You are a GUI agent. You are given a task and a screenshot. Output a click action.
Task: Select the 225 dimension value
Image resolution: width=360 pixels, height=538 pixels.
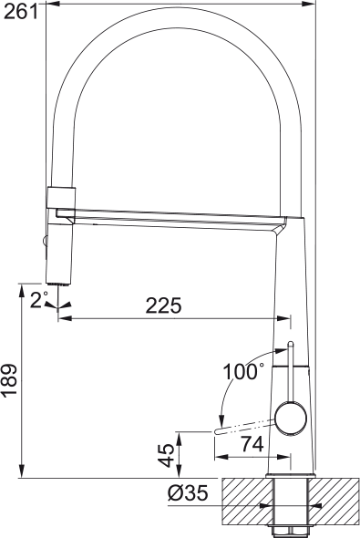(164, 305)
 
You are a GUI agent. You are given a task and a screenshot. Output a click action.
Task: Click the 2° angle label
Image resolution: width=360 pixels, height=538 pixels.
(39, 299)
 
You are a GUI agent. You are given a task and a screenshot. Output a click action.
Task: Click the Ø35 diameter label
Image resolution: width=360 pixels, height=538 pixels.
(188, 493)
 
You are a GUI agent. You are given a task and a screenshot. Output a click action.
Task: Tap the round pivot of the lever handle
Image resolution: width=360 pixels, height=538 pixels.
(292, 418)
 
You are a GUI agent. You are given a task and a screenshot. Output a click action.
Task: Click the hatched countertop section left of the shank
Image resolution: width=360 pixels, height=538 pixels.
(244, 502)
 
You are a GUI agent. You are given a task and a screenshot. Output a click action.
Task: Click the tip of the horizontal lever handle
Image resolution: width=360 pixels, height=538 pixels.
(217, 429)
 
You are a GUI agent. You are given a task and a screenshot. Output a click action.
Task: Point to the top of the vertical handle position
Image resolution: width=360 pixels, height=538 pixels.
(290, 344)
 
